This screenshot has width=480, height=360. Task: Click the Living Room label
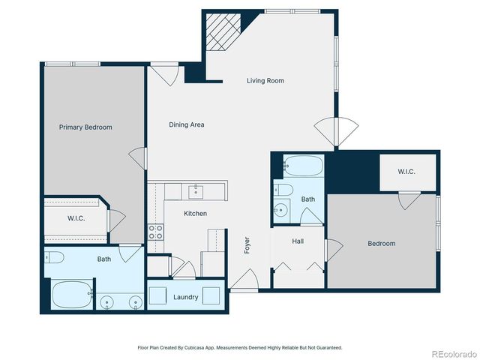pos(265,81)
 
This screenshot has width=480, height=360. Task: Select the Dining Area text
pos(187,124)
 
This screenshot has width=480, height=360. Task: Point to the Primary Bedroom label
pos(85,127)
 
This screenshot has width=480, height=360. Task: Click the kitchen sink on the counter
pos(196,191)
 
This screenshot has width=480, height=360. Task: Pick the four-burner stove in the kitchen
pos(156,232)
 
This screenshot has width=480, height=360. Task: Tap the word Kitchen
pos(195,214)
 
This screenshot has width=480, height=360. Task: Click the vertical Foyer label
pos(247,245)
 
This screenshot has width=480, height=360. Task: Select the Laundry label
pos(185,297)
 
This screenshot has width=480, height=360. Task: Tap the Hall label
pos(298,241)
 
